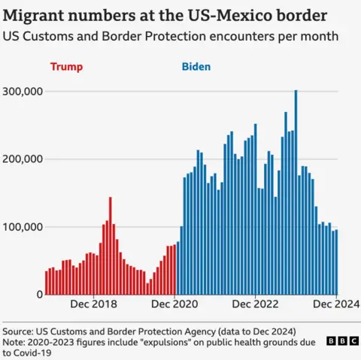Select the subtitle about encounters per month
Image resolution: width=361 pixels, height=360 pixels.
click(x=170, y=35)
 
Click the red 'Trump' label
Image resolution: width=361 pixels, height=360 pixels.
click(x=65, y=67)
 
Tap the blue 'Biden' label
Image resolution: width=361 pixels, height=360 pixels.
click(x=196, y=67)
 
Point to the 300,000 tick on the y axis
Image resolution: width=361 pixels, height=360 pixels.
click(x=25, y=91)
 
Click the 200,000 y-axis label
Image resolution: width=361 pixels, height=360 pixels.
click(x=25, y=159)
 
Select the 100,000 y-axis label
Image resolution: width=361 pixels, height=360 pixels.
click(x=25, y=227)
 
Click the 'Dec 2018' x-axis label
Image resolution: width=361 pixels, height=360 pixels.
click(x=93, y=304)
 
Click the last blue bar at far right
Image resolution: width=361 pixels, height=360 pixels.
click(x=336, y=262)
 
